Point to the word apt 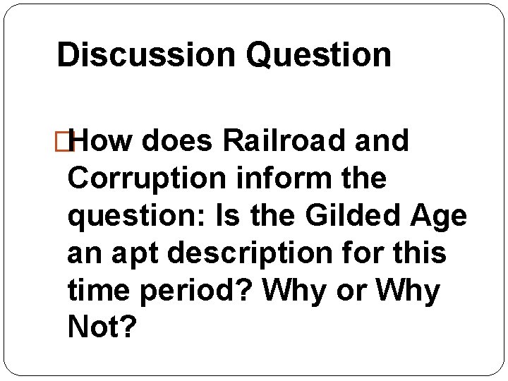point(138,253)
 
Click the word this point(421,253)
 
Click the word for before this point(366,253)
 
